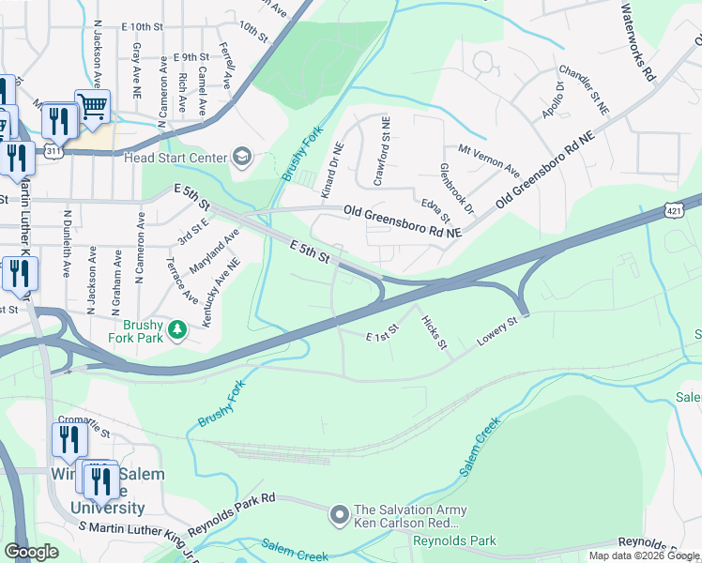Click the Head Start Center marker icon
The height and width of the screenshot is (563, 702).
point(242,157)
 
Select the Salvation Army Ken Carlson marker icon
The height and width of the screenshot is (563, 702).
point(340,513)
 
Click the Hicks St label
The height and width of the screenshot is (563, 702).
point(433,331)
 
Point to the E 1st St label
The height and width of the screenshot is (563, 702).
point(383,333)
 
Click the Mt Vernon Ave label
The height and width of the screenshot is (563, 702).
point(488,160)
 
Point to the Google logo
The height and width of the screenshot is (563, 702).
point(32,552)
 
